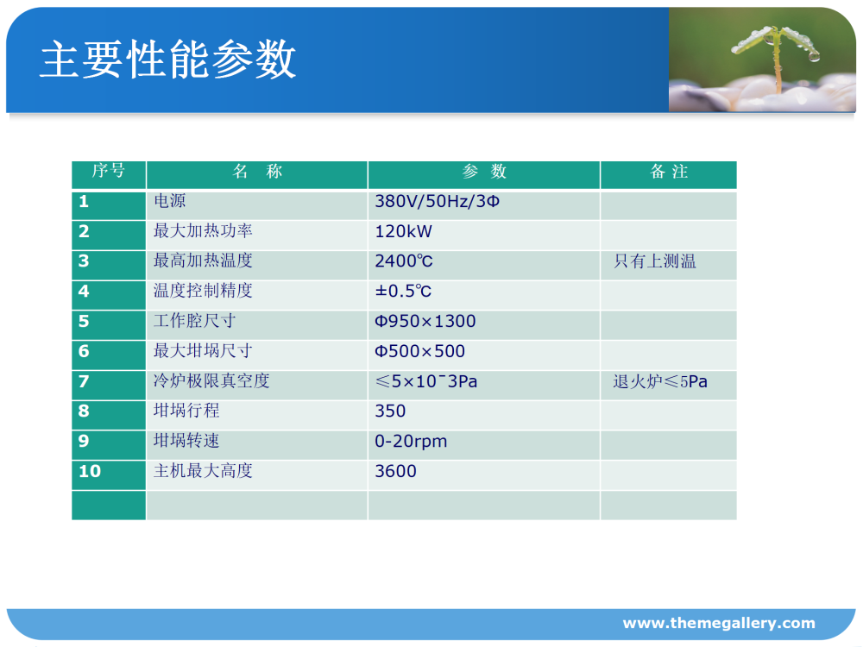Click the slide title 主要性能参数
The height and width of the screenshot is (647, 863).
tap(168, 60)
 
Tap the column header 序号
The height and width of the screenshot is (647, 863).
tap(109, 171)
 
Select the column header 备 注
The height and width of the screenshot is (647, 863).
tap(669, 172)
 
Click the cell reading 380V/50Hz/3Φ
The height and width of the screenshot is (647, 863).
tap(437, 201)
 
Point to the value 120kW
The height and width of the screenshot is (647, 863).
tap(403, 231)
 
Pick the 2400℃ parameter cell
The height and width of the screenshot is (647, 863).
tap(403, 261)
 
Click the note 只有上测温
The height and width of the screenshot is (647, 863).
tap(655, 261)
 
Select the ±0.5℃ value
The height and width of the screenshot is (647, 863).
tap(403, 291)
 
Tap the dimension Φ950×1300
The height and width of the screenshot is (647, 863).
tap(425, 321)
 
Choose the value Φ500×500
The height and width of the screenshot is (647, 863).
tap(419, 351)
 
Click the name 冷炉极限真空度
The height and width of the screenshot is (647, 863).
tap(211, 380)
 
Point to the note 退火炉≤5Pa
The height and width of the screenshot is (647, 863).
tap(660, 381)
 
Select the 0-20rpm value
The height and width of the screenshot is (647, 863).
tap(411, 441)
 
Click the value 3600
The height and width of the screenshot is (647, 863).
tap(395, 471)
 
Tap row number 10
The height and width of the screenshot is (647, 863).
tap(90, 471)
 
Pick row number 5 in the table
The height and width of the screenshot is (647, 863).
tap(84, 321)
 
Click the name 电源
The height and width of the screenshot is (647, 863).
tap(169, 201)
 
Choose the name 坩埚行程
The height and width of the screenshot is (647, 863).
tap(186, 411)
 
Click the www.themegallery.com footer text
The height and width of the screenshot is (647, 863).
tap(719, 623)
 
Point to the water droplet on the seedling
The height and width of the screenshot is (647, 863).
tap(814, 55)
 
